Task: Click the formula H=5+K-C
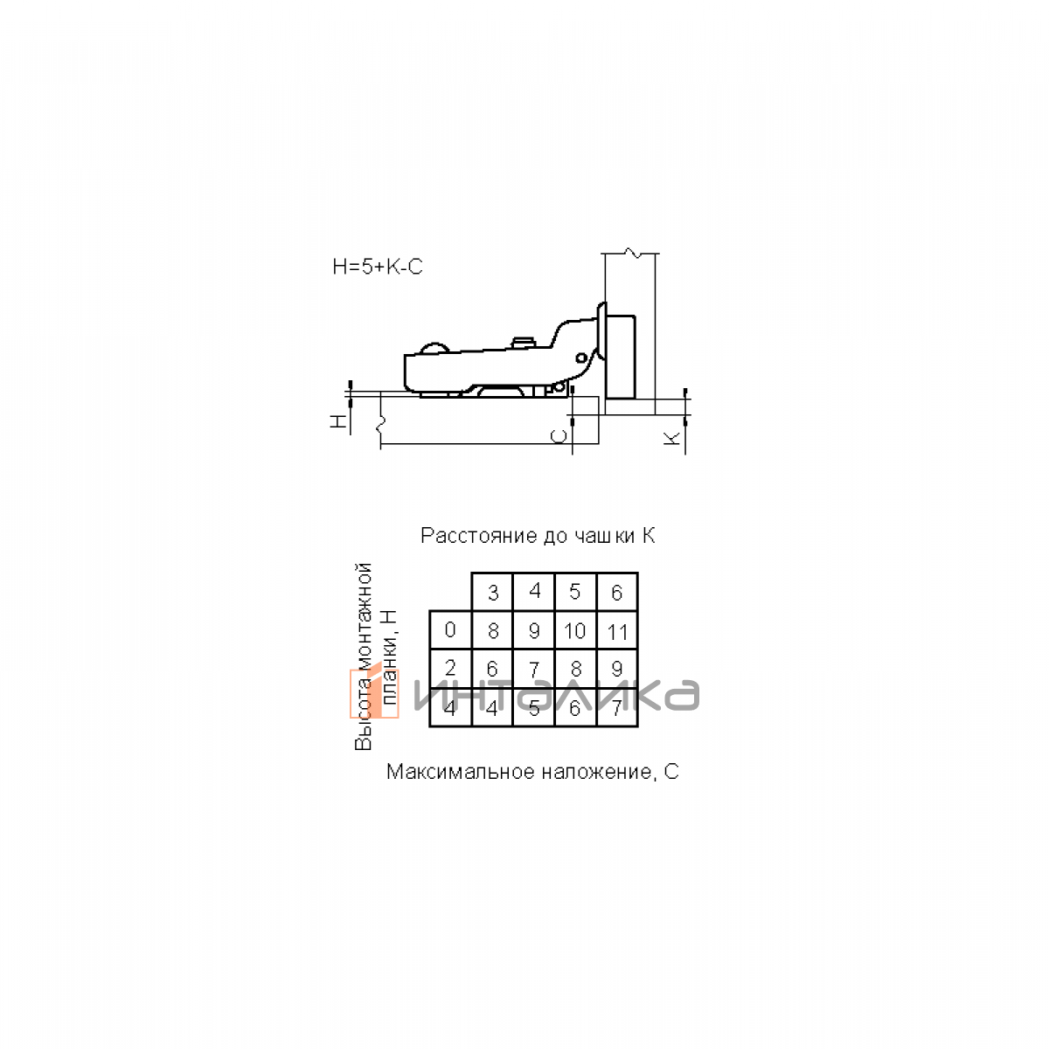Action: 378,267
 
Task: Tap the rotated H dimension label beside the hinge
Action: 338,420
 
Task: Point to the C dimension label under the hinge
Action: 559,436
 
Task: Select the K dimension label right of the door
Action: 673,437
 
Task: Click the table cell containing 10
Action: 575,630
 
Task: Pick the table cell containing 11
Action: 617,630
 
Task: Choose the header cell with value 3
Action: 492,592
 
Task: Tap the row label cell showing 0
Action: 450,630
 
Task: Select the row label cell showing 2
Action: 450,669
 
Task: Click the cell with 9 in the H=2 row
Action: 617,669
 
